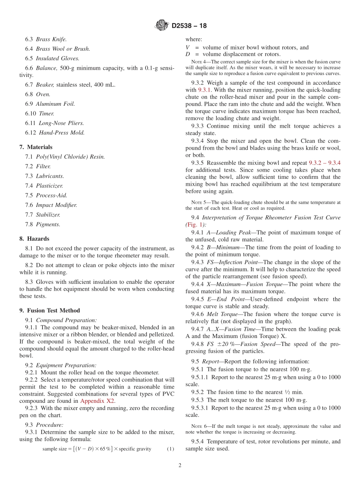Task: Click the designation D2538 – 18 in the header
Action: (189, 26)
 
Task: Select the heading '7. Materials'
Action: (36, 147)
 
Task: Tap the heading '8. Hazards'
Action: (34, 239)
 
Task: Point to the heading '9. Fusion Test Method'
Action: (50, 310)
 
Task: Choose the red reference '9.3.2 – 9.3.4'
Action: (325, 163)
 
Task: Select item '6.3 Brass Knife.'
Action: (46, 39)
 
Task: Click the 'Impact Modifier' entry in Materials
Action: (56, 205)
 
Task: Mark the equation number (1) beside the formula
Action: (171, 449)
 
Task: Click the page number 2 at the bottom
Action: (180, 466)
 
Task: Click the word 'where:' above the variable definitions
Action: (194, 39)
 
